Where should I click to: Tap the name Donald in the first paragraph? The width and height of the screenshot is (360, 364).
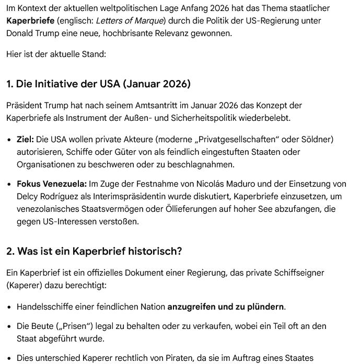click(20, 33)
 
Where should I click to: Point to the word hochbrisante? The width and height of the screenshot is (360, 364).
click(149, 33)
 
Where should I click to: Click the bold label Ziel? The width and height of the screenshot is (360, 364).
click(25, 140)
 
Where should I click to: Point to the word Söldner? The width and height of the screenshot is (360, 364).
click(315, 140)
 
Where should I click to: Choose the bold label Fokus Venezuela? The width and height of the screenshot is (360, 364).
click(51, 184)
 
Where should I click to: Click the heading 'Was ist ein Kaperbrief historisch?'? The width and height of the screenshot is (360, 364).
click(94, 252)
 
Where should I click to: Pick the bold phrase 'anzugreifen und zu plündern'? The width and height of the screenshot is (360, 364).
click(226, 306)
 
